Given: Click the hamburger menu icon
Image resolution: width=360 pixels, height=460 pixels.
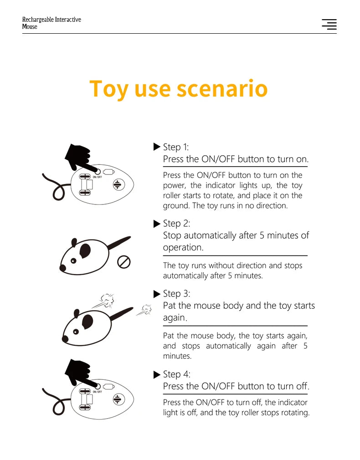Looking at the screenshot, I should [329, 25].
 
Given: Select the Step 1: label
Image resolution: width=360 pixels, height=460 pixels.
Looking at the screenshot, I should [175, 147].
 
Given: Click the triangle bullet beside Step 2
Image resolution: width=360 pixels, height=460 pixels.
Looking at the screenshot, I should [157, 224].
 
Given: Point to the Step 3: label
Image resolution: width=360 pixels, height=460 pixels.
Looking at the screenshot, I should [176, 294].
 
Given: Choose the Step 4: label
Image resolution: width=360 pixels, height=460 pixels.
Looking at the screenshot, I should [176, 374].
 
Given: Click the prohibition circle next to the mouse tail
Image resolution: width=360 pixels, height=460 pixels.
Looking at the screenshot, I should [124, 262].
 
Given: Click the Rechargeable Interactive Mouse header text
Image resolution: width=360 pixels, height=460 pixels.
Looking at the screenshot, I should [51, 23].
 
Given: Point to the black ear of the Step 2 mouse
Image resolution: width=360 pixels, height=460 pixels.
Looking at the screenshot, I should [86, 249].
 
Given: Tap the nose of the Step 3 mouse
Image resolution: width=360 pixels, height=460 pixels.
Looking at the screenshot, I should [65, 339].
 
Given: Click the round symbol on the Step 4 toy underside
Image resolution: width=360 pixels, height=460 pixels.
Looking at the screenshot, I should [118, 399].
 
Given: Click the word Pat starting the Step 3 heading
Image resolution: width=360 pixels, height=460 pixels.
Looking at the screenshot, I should [170, 306].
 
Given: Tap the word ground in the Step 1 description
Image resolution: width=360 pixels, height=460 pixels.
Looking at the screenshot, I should [175, 206].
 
